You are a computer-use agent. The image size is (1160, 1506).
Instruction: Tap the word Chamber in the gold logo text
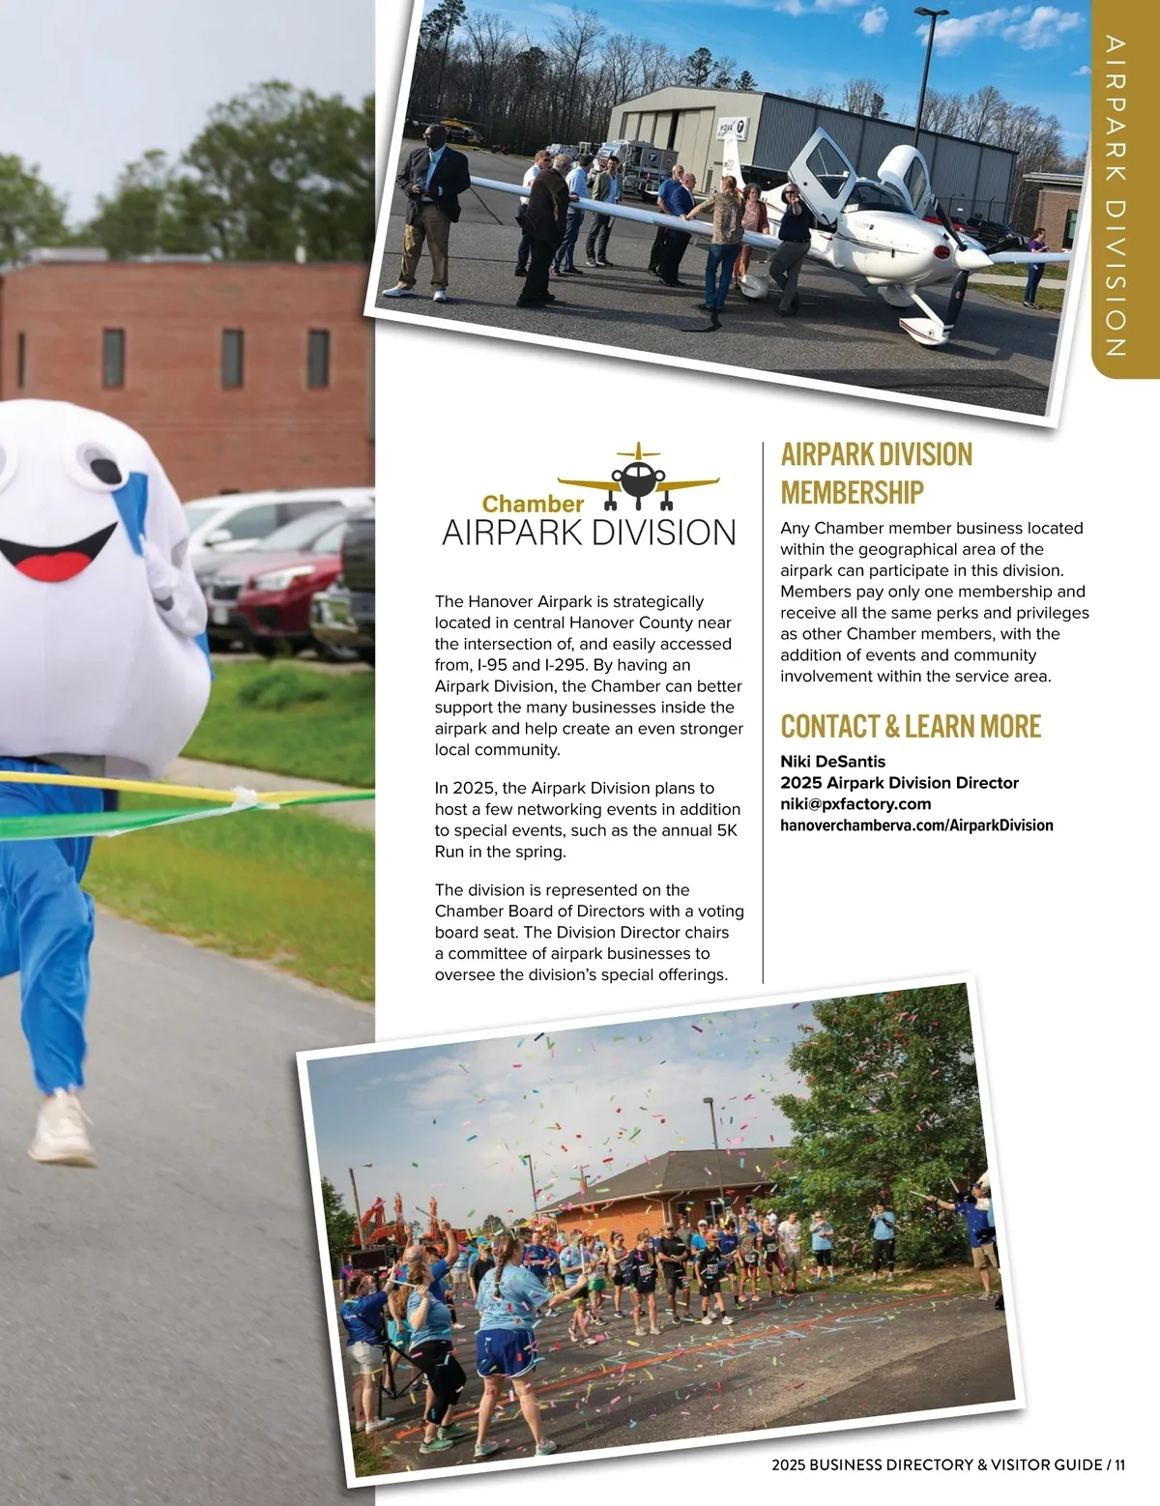point(533,504)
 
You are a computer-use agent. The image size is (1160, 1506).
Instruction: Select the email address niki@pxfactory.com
point(855,803)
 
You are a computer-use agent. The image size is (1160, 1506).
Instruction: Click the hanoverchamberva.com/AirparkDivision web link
point(916,825)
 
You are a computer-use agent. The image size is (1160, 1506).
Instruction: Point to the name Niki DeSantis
point(832,762)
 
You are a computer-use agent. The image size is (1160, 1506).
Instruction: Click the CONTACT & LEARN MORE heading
point(911,727)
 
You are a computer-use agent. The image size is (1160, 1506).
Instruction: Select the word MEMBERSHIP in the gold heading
point(852,493)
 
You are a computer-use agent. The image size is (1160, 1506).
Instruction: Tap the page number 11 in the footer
point(1119,1464)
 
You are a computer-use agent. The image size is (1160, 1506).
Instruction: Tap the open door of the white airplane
point(827,164)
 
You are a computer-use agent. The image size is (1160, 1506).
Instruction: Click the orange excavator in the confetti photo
point(382,1223)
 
